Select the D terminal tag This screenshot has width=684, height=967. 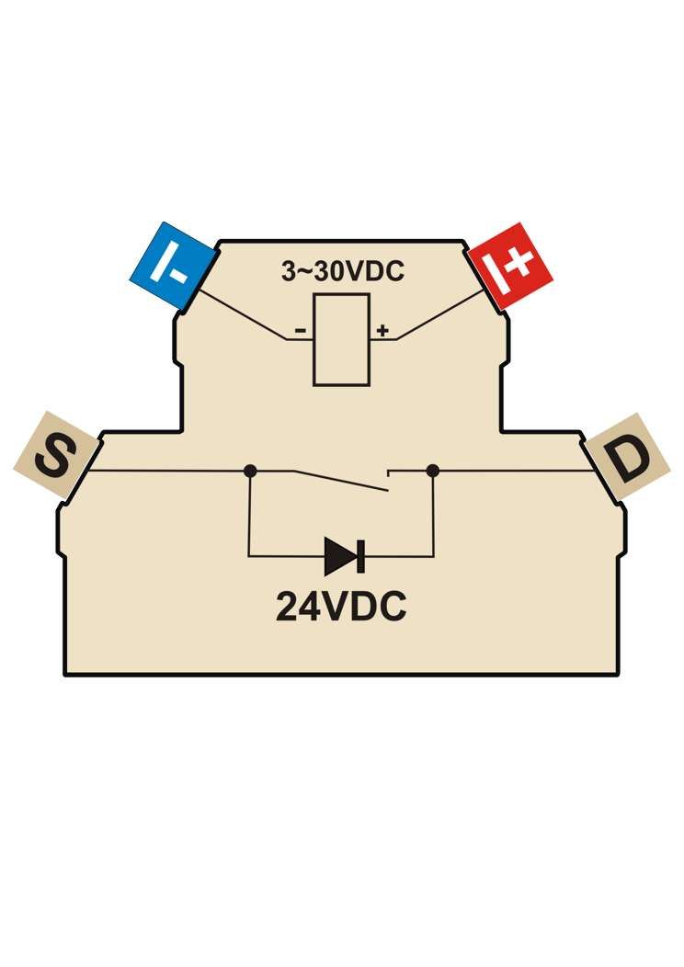click(627, 457)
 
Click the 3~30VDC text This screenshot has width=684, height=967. click(343, 271)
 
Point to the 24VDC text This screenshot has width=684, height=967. click(341, 607)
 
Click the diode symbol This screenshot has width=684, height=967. click(344, 556)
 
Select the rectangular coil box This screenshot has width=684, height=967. click(342, 340)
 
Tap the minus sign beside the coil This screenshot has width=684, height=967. click(301, 331)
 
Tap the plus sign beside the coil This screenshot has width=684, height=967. click(383, 331)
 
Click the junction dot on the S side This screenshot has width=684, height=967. click(250, 472)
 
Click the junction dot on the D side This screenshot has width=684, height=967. click(432, 472)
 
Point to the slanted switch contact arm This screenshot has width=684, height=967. click(340, 481)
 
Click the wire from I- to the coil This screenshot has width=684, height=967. click(245, 313)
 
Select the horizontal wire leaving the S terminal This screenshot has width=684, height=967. click(167, 472)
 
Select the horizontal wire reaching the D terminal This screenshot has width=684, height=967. click(516, 472)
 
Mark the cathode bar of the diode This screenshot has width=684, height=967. click(362, 556)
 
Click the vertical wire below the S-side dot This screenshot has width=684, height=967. click(249, 514)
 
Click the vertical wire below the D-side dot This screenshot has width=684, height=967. click(434, 514)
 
